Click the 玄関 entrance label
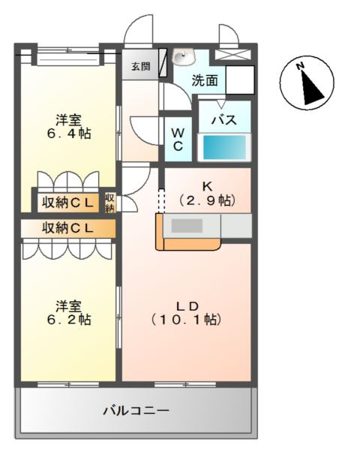click(x=140, y=66)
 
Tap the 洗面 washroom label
click(x=205, y=81)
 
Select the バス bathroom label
click(x=223, y=120)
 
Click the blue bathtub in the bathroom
click(x=226, y=146)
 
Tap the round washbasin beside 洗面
click(x=182, y=57)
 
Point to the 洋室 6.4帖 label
click(x=68, y=126)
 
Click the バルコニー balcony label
click(x=136, y=411)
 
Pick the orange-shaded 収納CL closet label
click(x=67, y=227)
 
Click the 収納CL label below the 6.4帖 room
click(x=67, y=202)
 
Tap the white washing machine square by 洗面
click(x=241, y=80)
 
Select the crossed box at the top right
click(x=239, y=55)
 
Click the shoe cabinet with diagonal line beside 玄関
click(x=160, y=66)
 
